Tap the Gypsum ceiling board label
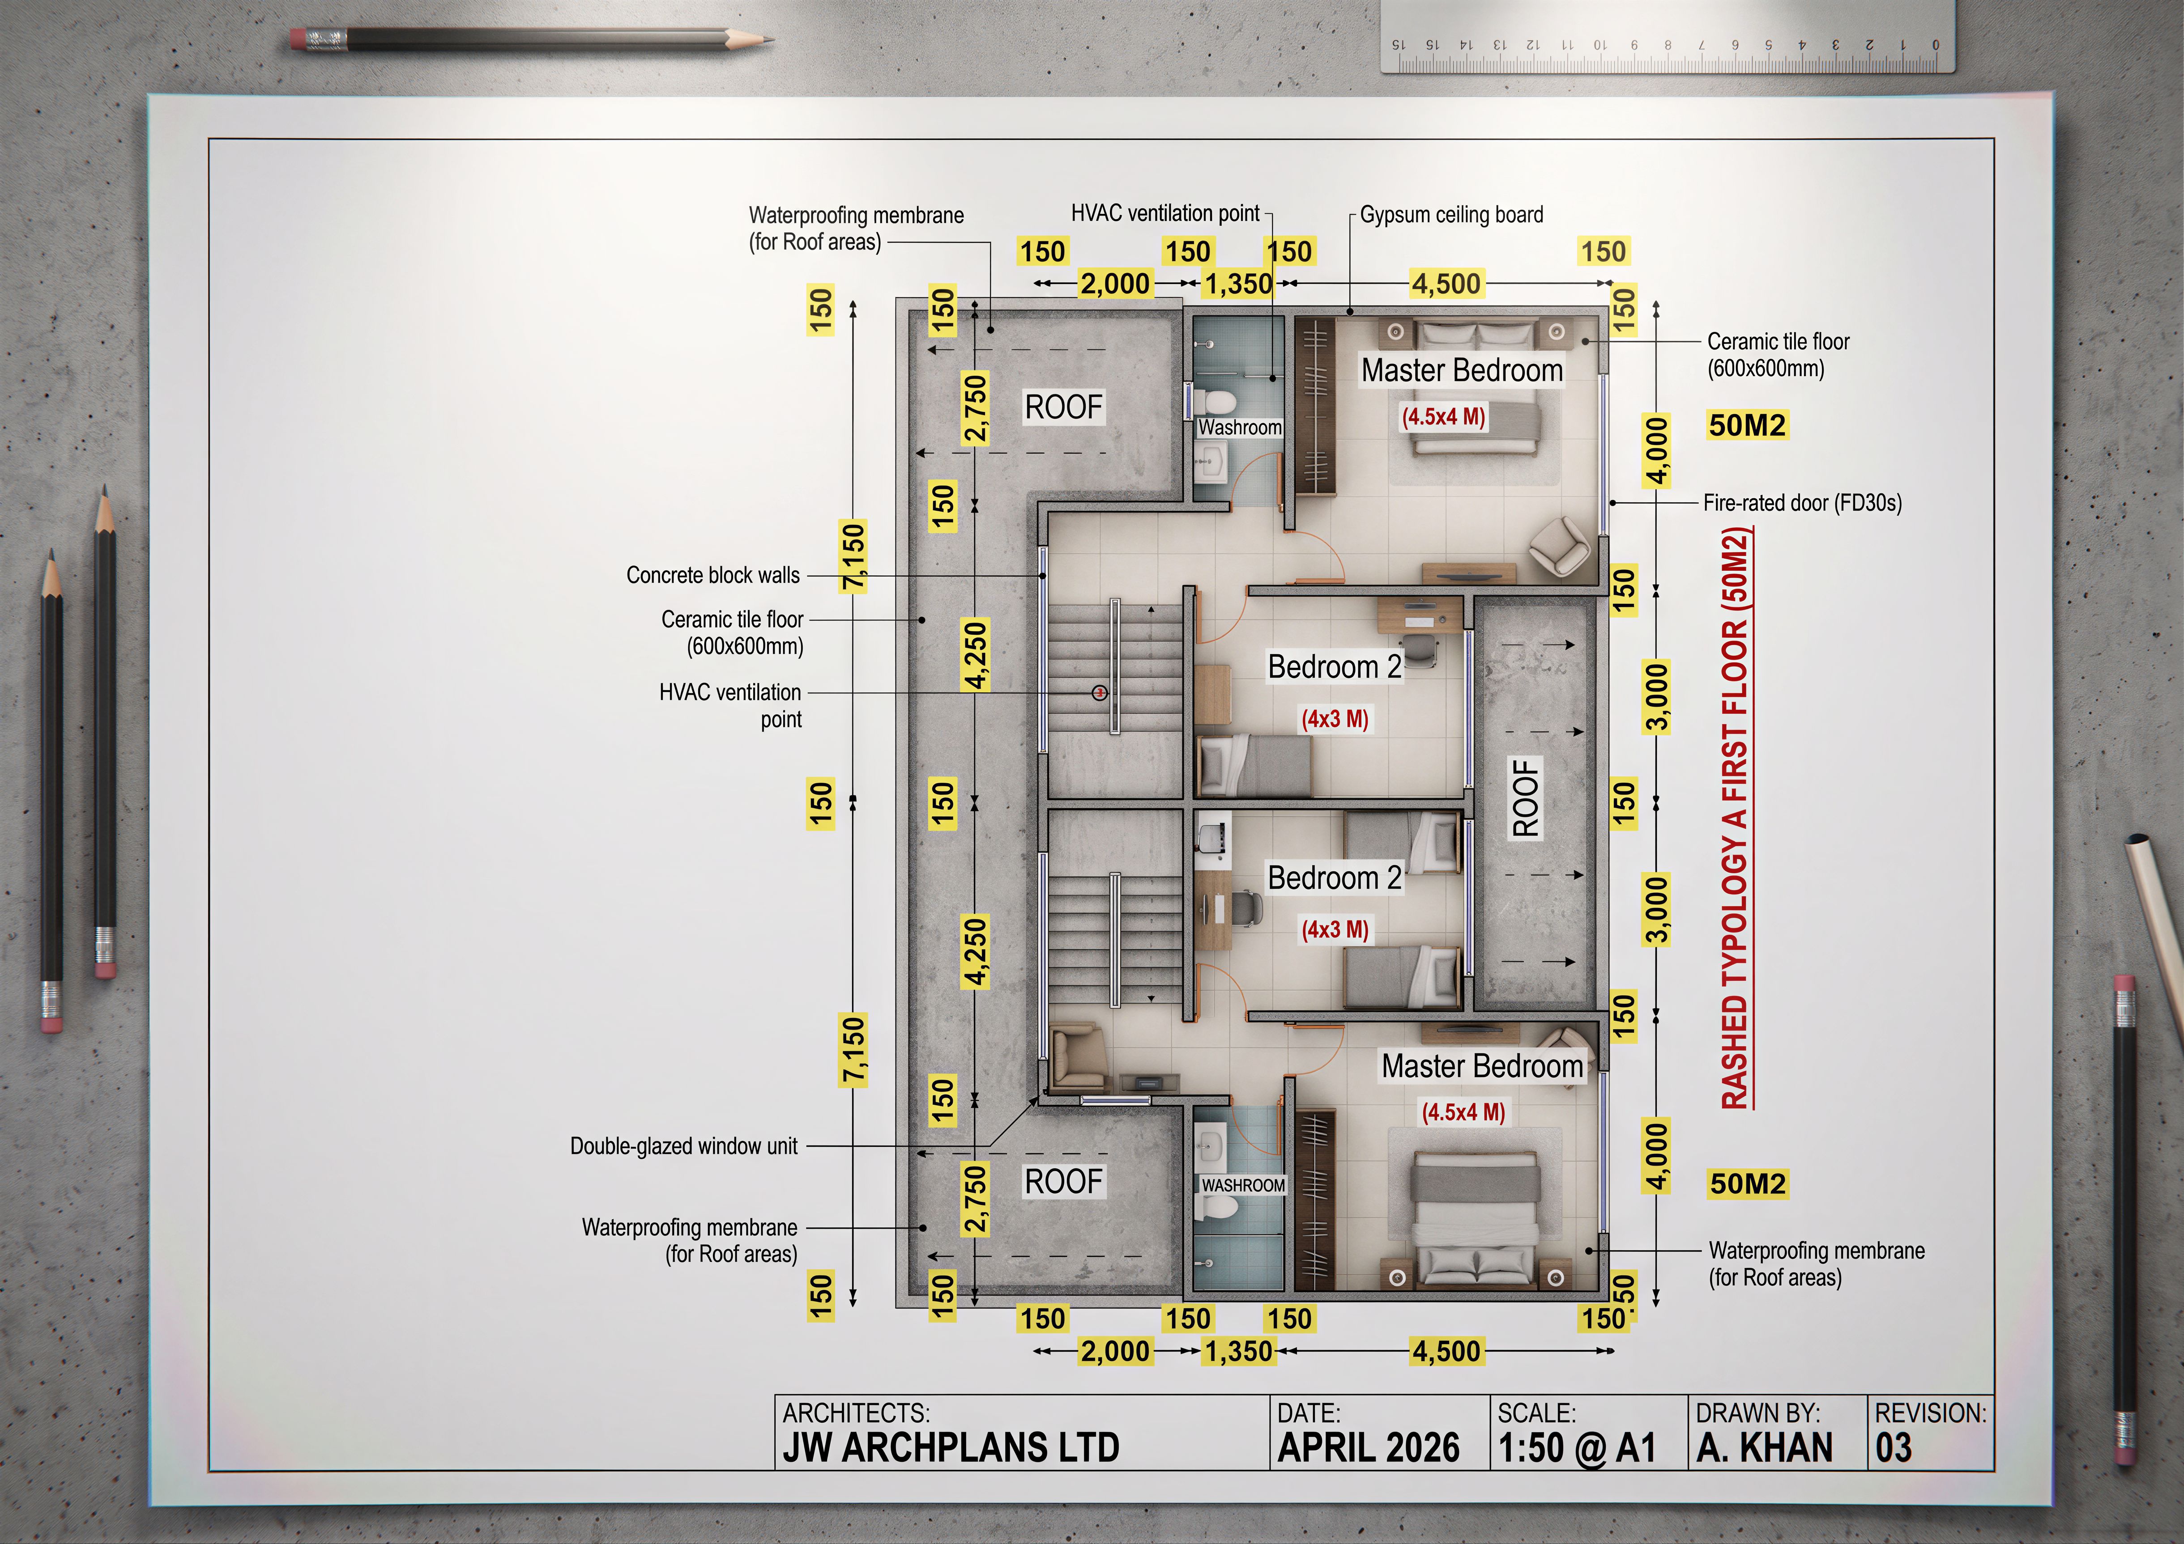(1451, 215)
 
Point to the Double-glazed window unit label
(684, 1146)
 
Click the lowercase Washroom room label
(1239, 428)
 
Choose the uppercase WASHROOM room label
(1243, 1186)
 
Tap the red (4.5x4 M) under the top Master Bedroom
(1443, 416)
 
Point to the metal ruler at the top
(1668, 36)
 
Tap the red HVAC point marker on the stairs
(1100, 693)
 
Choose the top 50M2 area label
(1747, 425)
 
